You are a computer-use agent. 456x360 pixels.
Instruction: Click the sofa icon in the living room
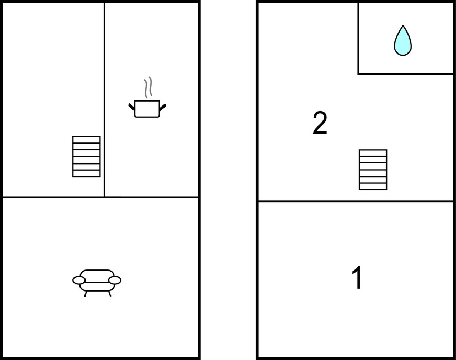[x=97, y=283]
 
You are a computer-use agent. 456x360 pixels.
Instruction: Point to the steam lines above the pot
[x=148, y=87]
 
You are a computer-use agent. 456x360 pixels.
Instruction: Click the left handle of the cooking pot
[x=132, y=107]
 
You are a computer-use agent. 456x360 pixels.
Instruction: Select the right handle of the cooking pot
[x=163, y=107]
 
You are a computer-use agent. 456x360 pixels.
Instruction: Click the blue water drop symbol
[x=403, y=41]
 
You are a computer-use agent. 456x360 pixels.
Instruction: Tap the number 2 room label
[x=320, y=123]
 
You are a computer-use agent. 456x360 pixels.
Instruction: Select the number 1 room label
[x=357, y=277]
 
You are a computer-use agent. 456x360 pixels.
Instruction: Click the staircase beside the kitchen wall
[x=86, y=156]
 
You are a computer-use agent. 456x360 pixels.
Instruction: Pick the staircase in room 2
[x=373, y=170]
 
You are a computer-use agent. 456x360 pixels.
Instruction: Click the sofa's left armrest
[x=79, y=280]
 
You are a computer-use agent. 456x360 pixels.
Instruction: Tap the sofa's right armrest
[x=115, y=280]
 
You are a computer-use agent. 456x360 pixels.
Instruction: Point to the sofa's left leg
[x=86, y=294]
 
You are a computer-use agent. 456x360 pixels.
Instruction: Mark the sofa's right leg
[x=110, y=294]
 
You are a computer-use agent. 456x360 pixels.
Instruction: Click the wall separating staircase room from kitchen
[x=105, y=100]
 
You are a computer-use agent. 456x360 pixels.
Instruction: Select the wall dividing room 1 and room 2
[x=356, y=201]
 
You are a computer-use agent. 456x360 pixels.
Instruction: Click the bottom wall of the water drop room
[x=405, y=74]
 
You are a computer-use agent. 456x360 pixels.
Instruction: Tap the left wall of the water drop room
[x=358, y=39]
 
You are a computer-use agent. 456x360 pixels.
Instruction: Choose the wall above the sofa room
[x=100, y=197]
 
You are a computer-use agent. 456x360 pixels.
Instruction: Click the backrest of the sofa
[x=97, y=273]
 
